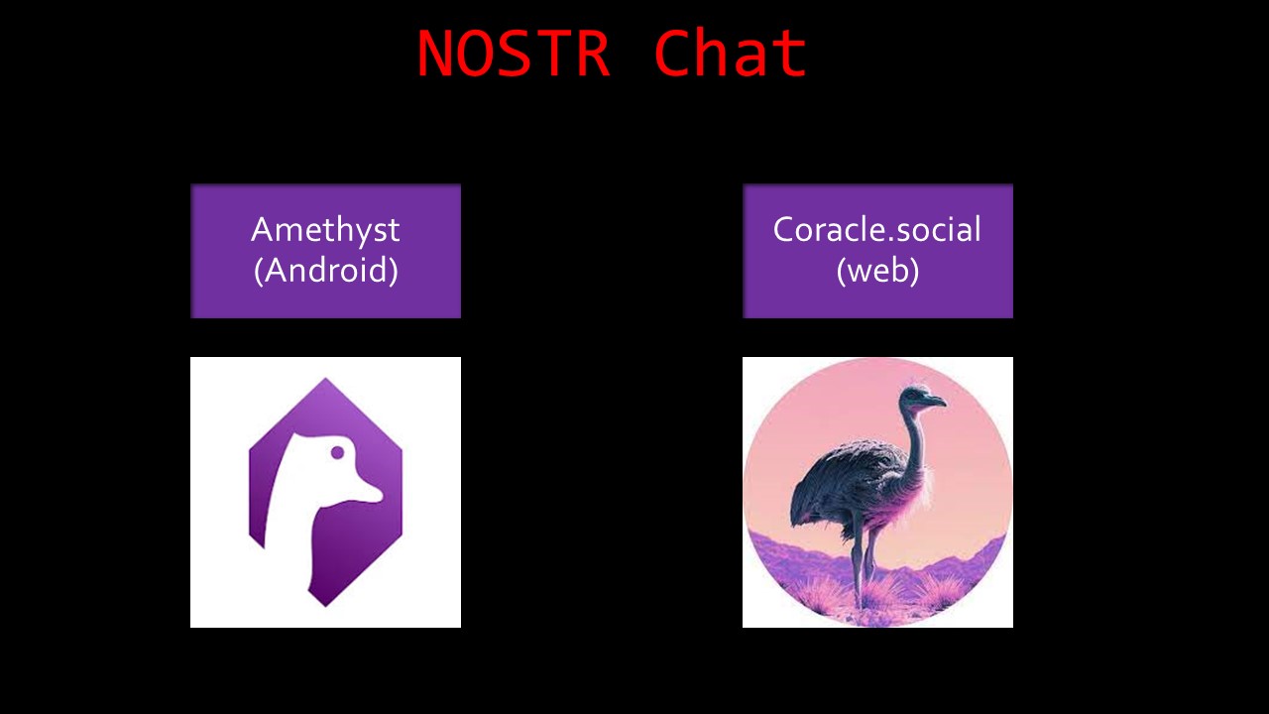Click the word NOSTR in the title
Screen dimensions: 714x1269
pyautogui.click(x=513, y=55)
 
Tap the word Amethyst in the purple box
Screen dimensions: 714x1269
pyautogui.click(x=325, y=230)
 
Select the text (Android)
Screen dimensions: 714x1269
pyautogui.click(x=325, y=270)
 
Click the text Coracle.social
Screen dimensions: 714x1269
pyautogui.click(x=877, y=230)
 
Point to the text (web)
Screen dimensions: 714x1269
pyautogui.click(x=877, y=270)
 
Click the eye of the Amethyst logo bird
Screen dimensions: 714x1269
pyautogui.click(x=337, y=453)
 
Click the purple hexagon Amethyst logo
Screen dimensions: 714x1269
pyautogui.click(x=325, y=492)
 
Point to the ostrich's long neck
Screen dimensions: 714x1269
pyautogui.click(x=913, y=436)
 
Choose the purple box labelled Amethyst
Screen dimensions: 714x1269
pyautogui.click(x=325, y=250)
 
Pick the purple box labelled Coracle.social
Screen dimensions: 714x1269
pyautogui.click(x=877, y=250)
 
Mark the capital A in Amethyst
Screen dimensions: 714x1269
pyautogui.click(x=263, y=230)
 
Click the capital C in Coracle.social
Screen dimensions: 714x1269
pyautogui.click(x=785, y=230)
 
